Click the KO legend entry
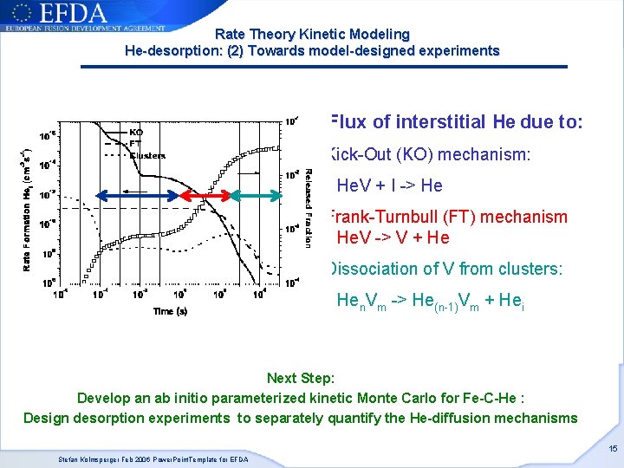point(136,133)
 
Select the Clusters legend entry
point(146,156)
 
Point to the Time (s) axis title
point(170,311)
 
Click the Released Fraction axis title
point(308,208)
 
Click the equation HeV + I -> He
point(389,185)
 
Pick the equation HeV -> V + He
point(393,237)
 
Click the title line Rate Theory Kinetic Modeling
point(312,35)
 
